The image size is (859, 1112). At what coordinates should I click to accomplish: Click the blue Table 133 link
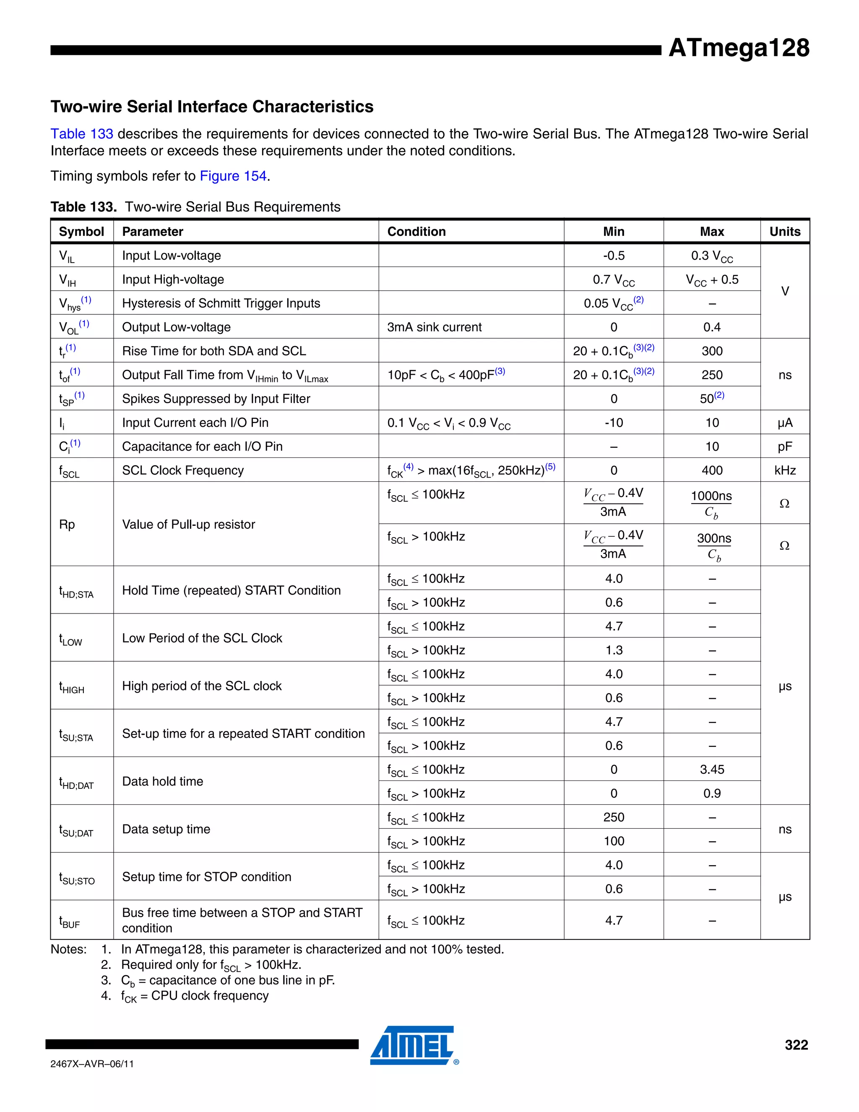tap(81, 134)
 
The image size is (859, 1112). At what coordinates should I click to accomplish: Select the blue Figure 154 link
tap(233, 176)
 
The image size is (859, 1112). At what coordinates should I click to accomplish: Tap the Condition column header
tap(416, 232)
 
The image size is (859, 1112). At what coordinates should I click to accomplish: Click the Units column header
tap(784, 232)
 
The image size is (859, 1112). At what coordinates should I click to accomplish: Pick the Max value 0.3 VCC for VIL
tap(711, 256)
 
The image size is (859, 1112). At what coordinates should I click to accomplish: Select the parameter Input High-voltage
tap(173, 279)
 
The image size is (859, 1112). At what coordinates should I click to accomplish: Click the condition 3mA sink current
tap(434, 327)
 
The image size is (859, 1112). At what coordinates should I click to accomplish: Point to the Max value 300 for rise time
tap(711, 351)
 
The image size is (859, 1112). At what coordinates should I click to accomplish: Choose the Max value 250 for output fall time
tap(711, 375)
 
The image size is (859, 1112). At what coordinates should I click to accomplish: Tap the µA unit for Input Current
tap(784, 423)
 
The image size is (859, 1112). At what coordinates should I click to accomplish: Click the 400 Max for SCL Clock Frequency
tap(711, 471)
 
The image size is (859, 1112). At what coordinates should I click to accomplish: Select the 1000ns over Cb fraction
tap(711, 504)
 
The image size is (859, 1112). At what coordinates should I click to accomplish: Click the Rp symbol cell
tap(67, 525)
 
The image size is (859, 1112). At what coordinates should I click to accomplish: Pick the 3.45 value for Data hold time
tap(711, 770)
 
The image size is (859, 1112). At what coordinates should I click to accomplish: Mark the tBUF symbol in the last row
tap(70, 921)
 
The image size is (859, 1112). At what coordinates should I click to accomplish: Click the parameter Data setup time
tap(166, 830)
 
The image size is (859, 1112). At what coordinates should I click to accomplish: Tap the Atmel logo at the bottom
tap(412, 1045)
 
